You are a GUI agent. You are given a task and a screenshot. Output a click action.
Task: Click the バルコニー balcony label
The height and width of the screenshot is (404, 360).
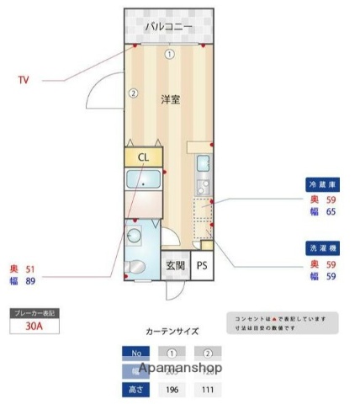pos(169,28)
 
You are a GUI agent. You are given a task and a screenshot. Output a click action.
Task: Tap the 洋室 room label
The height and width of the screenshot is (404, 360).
pos(170,99)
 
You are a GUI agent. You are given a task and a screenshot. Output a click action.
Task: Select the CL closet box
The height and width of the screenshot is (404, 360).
pos(144,157)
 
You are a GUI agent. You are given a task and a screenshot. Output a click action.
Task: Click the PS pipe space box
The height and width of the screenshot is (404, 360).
pos(201,265)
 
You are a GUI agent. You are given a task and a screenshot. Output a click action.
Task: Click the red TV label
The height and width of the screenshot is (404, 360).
pos(24,81)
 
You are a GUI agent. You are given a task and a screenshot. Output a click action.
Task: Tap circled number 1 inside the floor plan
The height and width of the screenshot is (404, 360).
pos(169,55)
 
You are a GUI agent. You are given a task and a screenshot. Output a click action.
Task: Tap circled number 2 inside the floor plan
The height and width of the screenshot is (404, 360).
pos(132,93)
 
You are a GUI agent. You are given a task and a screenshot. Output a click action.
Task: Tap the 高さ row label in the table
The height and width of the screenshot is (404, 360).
pos(135,390)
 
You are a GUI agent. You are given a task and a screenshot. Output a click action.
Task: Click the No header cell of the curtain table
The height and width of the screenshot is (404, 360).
pos(135,353)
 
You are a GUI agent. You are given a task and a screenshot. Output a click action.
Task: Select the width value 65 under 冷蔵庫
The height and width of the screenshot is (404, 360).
pos(330,213)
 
